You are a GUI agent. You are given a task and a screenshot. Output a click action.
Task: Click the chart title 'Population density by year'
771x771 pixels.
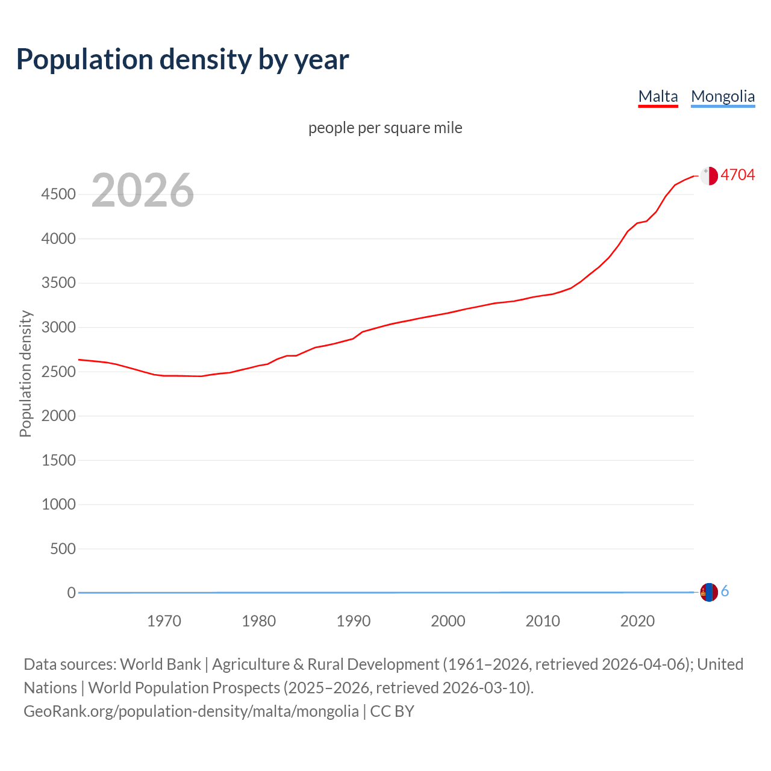[183, 59]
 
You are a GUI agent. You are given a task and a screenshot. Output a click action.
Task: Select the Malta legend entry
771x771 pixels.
[658, 96]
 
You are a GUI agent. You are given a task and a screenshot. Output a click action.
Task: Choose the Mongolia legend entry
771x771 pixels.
[722, 96]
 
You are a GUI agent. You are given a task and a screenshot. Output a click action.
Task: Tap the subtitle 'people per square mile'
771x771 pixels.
[385, 128]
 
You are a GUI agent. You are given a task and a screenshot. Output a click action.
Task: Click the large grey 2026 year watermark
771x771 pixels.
[143, 190]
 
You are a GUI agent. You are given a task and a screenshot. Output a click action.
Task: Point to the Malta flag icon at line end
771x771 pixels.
[709, 175]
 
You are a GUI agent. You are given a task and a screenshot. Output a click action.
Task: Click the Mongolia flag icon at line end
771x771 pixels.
[709, 592]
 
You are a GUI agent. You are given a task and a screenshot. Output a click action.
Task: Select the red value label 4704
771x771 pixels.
[737, 175]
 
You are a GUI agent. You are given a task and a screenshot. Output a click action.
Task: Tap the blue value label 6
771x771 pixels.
[725, 592]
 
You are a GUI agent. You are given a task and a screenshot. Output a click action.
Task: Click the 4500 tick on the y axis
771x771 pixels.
[58, 194]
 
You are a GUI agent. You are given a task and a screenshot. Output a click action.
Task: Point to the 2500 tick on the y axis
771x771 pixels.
[58, 372]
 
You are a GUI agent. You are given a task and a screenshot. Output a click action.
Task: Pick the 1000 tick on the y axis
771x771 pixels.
[58, 504]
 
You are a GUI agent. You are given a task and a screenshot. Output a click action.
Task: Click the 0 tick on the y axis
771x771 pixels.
[71, 593]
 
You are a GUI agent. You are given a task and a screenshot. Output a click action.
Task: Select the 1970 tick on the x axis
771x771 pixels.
[164, 621]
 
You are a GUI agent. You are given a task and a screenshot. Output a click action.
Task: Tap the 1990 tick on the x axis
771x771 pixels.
[354, 621]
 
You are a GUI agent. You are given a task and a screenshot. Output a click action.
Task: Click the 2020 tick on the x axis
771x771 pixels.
[637, 621]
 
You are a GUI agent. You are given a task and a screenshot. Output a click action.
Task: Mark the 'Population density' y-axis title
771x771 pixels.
[25, 373]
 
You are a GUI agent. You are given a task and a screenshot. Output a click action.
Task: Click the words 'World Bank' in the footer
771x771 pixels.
[160, 664]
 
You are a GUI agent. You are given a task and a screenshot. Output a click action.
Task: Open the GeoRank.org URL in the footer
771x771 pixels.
[191, 711]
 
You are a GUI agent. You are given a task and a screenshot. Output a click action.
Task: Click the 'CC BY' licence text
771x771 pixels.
[392, 711]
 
